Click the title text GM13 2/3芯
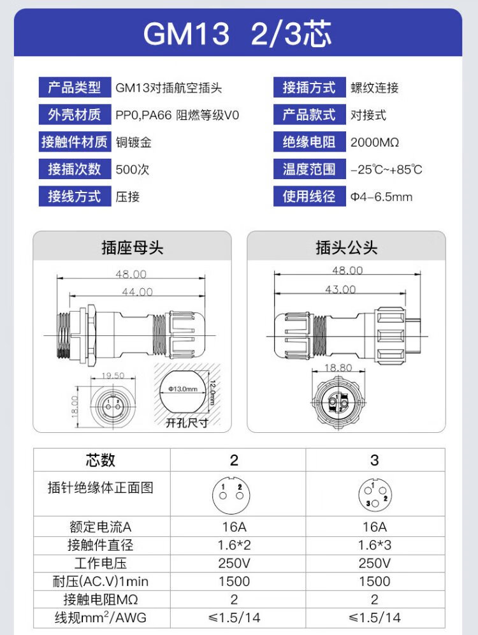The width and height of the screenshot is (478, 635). [238, 33]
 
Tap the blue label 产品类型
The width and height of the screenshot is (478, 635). [75, 87]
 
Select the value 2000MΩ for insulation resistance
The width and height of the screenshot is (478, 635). [375, 142]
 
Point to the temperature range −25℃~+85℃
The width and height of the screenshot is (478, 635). [386, 170]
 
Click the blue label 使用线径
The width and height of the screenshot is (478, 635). [310, 196]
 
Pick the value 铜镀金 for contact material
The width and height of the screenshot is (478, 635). [134, 142]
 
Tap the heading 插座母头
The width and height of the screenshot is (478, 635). [132, 247]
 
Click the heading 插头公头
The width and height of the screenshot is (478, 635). [347, 247]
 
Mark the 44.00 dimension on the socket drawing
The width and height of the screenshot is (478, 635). [138, 292]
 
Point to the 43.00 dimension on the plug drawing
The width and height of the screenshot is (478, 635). [340, 289]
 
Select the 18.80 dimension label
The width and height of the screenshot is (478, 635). [338, 368]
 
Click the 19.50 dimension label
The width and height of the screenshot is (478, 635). [113, 376]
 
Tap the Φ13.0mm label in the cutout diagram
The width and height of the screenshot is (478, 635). [184, 389]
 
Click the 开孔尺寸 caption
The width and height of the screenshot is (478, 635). [187, 423]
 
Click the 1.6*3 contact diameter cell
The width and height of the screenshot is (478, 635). [374, 545]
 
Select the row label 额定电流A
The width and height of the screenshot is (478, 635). [100, 527]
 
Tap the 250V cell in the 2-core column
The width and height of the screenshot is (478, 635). [234, 563]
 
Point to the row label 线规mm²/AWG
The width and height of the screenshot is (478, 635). [100, 617]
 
